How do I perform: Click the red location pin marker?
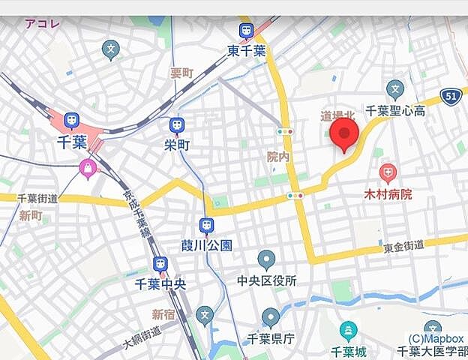344,134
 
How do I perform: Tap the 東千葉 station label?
246,51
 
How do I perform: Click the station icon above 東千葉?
246,31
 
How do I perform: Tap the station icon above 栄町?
176,124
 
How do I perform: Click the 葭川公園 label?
206,245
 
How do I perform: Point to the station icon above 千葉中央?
160,264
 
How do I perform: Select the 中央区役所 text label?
266,281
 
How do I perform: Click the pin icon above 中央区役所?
266,259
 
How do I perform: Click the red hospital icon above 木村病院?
387,174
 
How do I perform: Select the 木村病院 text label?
388,195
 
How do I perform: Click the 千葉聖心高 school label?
395,110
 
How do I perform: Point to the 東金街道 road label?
403,245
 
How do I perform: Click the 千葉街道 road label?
37,199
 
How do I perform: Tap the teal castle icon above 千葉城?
348,330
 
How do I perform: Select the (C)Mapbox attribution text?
435,338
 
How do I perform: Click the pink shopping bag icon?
88,169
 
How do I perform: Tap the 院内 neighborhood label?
278,157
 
